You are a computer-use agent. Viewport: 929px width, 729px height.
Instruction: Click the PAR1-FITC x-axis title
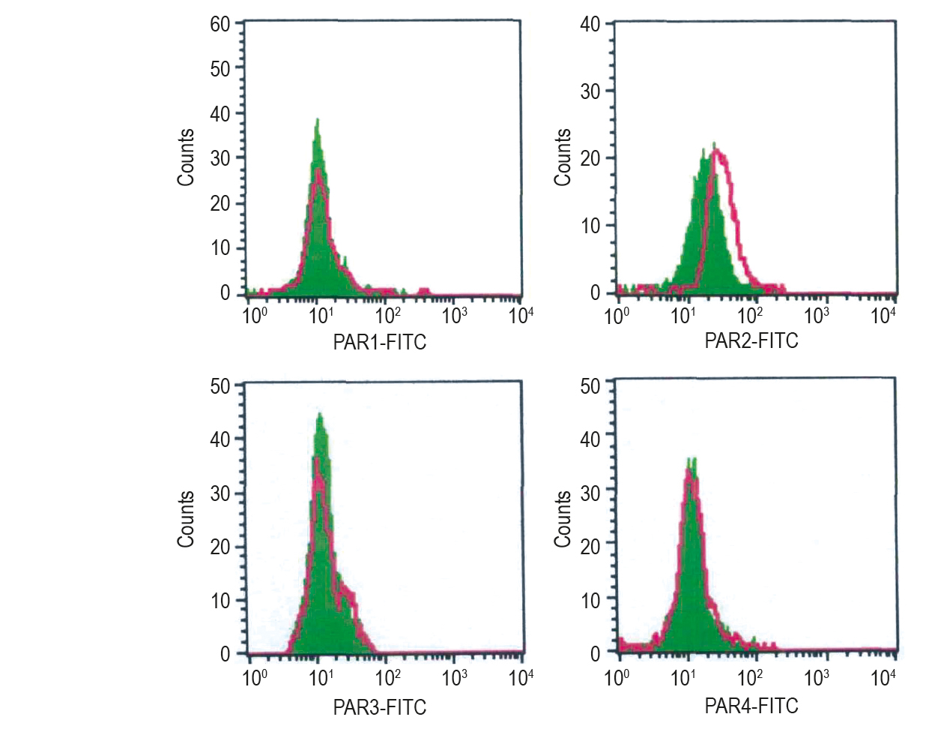tap(379, 343)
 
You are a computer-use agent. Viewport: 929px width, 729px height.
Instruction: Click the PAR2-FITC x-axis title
tap(751, 341)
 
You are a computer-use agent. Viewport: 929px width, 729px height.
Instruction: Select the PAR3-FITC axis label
tap(379, 706)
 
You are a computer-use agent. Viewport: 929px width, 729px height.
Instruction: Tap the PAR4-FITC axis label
tap(751, 706)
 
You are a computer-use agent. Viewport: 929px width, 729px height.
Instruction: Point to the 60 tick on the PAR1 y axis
tap(220, 24)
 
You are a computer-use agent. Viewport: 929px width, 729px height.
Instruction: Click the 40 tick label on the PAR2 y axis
tap(590, 24)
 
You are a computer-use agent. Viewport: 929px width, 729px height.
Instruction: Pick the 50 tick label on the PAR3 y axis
tap(220, 386)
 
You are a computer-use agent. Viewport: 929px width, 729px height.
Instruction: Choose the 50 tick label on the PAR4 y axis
tap(590, 385)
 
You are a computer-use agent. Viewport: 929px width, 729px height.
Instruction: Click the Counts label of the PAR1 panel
tap(186, 157)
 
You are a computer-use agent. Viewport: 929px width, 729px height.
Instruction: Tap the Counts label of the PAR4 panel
tap(563, 519)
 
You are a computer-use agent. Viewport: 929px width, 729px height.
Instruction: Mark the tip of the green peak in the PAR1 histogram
tap(317, 120)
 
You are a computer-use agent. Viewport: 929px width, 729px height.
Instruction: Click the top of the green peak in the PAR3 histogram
tap(320, 414)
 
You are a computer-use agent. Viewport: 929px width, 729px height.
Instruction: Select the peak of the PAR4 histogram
tap(691, 460)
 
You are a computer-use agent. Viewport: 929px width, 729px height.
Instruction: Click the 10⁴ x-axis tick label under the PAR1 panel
tap(521, 315)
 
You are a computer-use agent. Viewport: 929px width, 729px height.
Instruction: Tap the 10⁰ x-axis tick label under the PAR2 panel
tap(617, 315)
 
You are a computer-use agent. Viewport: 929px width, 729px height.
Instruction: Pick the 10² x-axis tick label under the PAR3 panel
tap(388, 678)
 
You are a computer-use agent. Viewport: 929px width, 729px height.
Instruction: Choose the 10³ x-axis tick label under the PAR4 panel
tap(817, 678)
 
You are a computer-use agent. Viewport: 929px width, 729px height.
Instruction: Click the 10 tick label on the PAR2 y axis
tap(590, 226)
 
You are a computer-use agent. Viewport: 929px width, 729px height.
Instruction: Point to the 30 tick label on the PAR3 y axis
tap(220, 493)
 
